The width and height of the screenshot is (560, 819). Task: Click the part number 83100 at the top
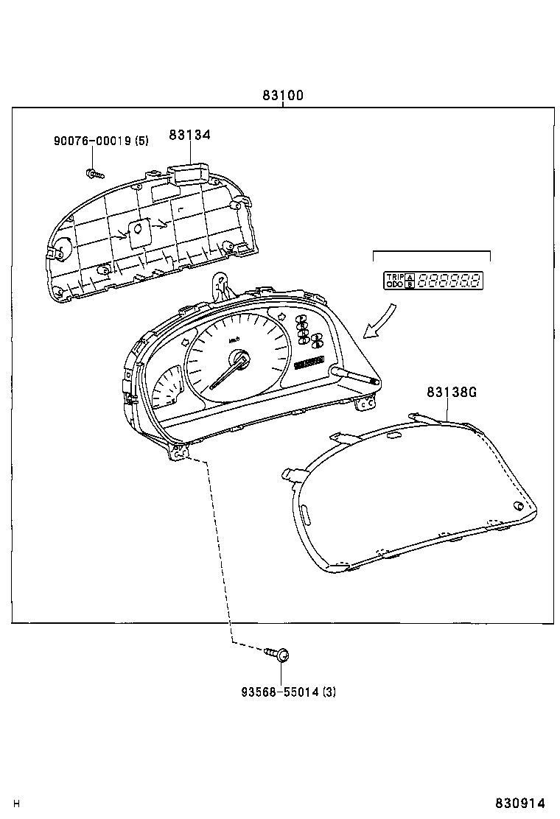[x=283, y=96]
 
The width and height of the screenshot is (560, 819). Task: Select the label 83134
[x=189, y=135]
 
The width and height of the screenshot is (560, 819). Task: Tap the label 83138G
[x=451, y=392]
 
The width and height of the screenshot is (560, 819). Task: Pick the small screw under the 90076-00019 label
[x=94, y=174]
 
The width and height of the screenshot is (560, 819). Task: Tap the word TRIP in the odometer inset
[x=394, y=276]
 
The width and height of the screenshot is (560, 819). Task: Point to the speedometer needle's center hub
[x=239, y=359]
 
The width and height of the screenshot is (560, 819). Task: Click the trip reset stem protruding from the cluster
[x=357, y=376]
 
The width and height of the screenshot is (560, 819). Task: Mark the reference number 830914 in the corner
[x=525, y=804]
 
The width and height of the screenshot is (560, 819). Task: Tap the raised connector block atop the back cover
[x=189, y=172]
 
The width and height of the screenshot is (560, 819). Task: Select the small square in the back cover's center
[x=137, y=231]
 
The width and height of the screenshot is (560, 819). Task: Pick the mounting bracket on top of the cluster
[x=220, y=285]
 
